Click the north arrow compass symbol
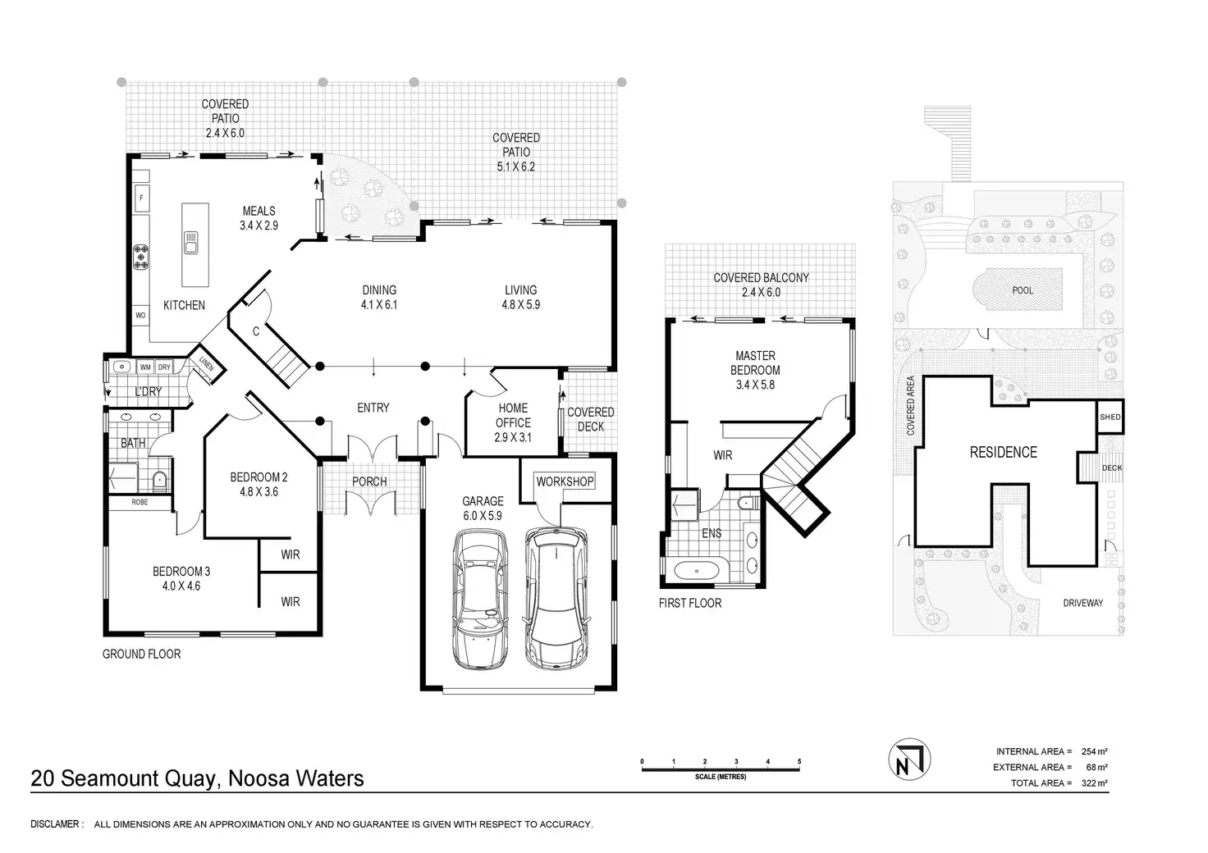pyautogui.click(x=909, y=759)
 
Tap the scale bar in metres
pyautogui.click(x=721, y=769)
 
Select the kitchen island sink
pyautogui.click(x=190, y=243)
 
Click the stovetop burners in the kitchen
pyautogui.click(x=141, y=257)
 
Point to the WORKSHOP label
pyautogui.click(x=565, y=481)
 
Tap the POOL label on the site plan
pyautogui.click(x=1023, y=290)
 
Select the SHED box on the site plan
pyautogui.click(x=1110, y=417)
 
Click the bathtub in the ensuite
pyautogui.click(x=696, y=571)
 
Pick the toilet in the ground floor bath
pyautogui.click(x=160, y=481)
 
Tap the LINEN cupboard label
pyautogui.click(x=207, y=363)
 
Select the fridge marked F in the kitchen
pyautogui.click(x=141, y=198)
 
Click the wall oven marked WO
pyautogui.click(x=140, y=315)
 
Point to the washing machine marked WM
pyautogui.click(x=145, y=367)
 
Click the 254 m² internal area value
pyautogui.click(x=1094, y=751)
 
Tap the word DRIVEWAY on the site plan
pyautogui.click(x=1083, y=603)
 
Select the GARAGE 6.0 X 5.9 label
pyautogui.click(x=483, y=509)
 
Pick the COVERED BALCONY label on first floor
pyautogui.click(x=761, y=285)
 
